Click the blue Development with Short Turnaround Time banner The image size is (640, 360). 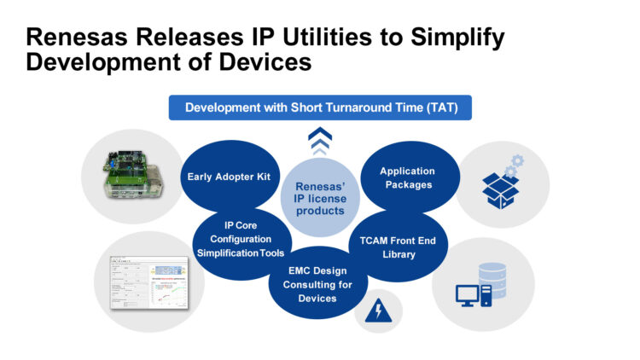click(x=319, y=108)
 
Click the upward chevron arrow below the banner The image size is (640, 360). click(x=319, y=139)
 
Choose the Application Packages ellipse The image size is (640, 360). click(x=407, y=177)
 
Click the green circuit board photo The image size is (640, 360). click(x=126, y=176)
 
